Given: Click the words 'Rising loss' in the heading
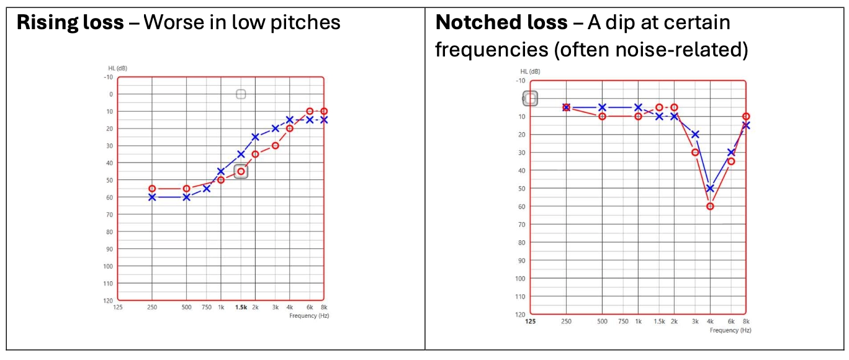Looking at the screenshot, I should pyautogui.click(x=70, y=23).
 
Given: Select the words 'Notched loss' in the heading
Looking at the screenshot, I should pyautogui.click(x=501, y=23).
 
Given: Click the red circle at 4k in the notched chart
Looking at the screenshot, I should pyautogui.click(x=710, y=206).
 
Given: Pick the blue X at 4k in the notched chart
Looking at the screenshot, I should pyautogui.click(x=710, y=188).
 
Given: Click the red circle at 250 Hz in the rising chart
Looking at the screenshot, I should pyautogui.click(x=152, y=189).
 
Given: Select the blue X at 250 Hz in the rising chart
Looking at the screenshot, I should pyautogui.click(x=152, y=197).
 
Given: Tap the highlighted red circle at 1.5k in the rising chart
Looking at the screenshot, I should pyautogui.click(x=241, y=171).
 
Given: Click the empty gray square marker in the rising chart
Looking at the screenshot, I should pyautogui.click(x=241, y=94).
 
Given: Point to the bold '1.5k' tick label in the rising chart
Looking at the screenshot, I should pyautogui.click(x=241, y=307).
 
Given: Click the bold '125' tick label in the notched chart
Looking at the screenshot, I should pyautogui.click(x=531, y=322).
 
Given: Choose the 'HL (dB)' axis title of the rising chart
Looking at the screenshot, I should pyautogui.click(x=117, y=68).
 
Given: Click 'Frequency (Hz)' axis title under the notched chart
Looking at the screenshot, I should pyautogui.click(x=730, y=330).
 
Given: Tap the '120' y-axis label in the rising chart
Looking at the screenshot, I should pyautogui.click(x=107, y=300).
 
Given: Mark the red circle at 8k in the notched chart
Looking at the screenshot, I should pyautogui.click(x=746, y=117).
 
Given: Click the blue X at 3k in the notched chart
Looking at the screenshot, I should pyautogui.click(x=695, y=134).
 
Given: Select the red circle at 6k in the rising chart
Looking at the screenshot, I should pyautogui.click(x=310, y=111).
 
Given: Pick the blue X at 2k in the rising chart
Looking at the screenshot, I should pyautogui.click(x=255, y=137).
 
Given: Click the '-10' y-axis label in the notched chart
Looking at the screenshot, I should pyautogui.click(x=520, y=81).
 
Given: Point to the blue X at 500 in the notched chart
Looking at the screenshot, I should pyautogui.click(x=602, y=107).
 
